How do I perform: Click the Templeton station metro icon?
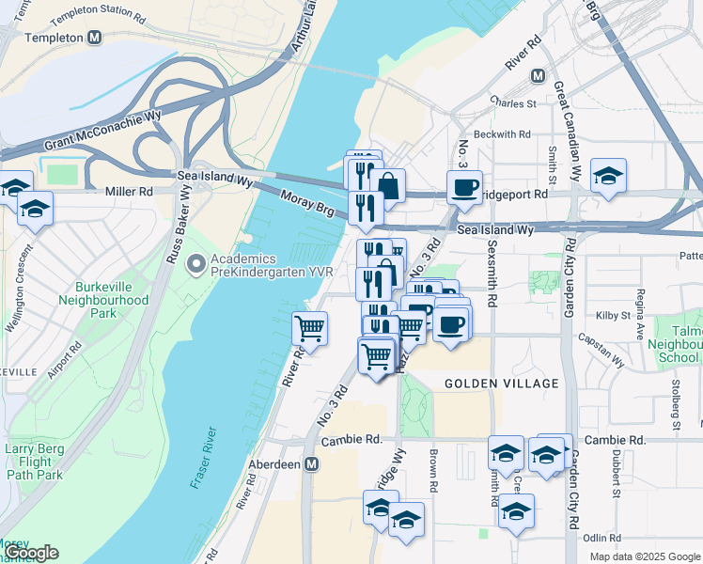click(94, 39)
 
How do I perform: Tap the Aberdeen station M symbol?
click(312, 464)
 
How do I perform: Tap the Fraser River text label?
click(204, 458)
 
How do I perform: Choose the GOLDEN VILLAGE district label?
click(501, 384)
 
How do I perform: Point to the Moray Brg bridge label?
click(305, 200)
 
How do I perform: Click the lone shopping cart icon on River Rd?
click(309, 329)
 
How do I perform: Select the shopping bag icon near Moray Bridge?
click(386, 186)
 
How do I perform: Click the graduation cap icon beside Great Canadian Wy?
click(608, 176)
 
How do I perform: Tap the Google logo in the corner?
click(30, 553)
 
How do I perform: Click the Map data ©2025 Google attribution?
click(644, 556)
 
